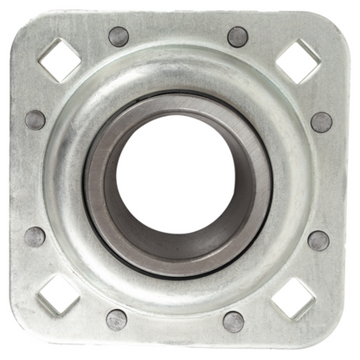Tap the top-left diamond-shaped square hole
pyautogui.click(x=60, y=59)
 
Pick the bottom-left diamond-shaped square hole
pyautogui.click(x=59, y=295)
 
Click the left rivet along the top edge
pyautogui.click(x=119, y=36)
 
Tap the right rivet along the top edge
pyautogui.click(x=237, y=36)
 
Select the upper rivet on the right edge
pyautogui.click(x=321, y=122)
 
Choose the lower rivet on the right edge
pyautogui.click(x=318, y=240)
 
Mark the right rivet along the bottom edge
pyautogui.click(x=234, y=321)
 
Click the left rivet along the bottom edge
pyautogui.click(x=117, y=319)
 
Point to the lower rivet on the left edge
pyautogui.click(x=35, y=236)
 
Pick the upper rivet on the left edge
pyautogui.click(x=35, y=119)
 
